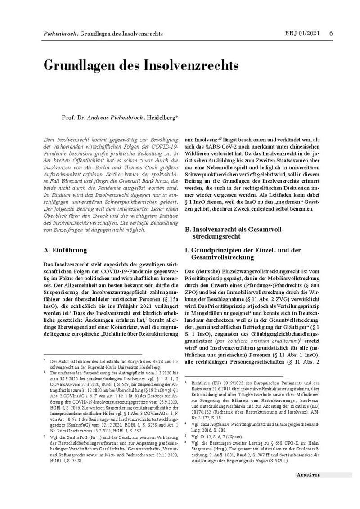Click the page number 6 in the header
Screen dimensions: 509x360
pos(331,33)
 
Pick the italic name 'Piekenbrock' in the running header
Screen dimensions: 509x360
pos(59,34)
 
